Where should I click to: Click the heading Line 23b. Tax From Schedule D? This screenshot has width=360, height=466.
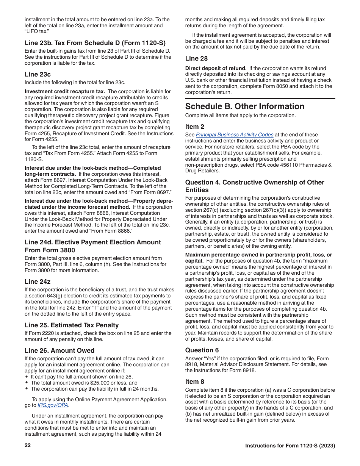(95, 43)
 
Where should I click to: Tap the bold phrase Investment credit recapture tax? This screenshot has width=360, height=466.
(65, 92)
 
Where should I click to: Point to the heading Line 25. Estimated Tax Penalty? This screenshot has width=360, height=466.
(72, 325)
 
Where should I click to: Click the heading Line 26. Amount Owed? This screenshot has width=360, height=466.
(59, 350)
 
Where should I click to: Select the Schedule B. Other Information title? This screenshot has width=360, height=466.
(244, 106)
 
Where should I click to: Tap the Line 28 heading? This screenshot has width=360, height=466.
(196, 58)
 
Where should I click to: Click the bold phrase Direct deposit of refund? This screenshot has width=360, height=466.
(216, 69)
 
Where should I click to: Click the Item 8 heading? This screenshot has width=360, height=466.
(195, 382)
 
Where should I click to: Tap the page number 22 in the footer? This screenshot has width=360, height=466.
(28, 445)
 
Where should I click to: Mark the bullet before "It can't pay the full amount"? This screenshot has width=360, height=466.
(27, 377)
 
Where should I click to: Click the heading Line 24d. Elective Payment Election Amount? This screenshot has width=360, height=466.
(93, 242)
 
